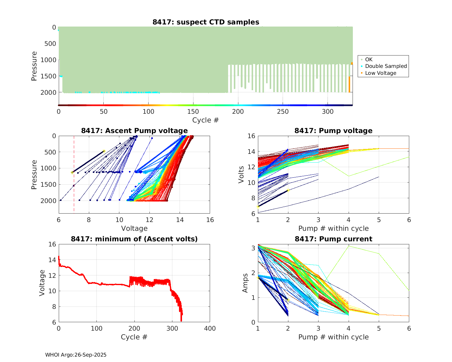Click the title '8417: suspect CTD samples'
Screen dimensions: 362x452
coord(206,22)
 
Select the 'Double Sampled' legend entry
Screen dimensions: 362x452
coord(386,66)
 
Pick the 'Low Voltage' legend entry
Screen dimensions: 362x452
coord(381,73)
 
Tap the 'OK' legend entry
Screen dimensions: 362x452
coord(369,59)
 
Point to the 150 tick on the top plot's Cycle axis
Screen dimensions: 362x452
coord(193,112)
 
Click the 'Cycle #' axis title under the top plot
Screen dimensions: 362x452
coord(206,120)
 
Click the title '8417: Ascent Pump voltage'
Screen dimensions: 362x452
coord(134,131)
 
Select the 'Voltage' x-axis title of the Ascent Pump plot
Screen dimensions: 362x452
coord(134,228)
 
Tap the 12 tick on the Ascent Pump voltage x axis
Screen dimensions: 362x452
coord(149,220)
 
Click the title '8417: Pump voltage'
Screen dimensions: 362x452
coord(333,131)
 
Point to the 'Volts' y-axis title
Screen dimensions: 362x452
coord(241,175)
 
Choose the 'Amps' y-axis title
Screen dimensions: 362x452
coord(245,283)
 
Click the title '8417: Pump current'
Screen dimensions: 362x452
coord(333,239)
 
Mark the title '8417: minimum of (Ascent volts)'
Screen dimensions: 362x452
coord(134,239)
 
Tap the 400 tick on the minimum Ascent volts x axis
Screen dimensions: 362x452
coord(210,329)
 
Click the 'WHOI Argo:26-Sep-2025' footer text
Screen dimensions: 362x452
coord(76,355)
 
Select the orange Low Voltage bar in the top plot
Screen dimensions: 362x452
coord(349,84)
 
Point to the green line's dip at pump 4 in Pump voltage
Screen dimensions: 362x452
coord(349,176)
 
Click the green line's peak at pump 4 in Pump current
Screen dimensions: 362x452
coord(349,246)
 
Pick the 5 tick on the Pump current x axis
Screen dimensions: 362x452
coord(379,329)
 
